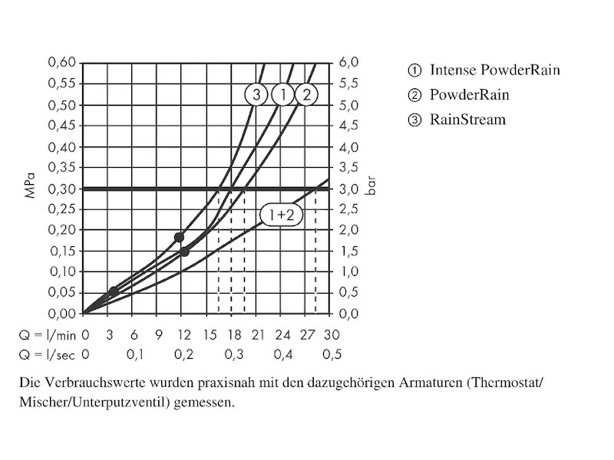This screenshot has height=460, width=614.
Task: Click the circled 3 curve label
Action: click(256, 95)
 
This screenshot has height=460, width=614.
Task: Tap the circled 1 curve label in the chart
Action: click(282, 95)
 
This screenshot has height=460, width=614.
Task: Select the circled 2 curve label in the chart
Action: click(306, 95)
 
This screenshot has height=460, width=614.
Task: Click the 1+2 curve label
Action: click(280, 215)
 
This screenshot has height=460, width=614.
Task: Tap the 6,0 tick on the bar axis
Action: click(348, 63)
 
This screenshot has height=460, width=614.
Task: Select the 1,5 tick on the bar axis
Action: click(348, 251)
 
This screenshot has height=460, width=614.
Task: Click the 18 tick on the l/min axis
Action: click(233, 334)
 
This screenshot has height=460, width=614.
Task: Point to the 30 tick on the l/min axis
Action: click(332, 334)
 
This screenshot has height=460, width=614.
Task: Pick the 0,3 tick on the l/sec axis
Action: click(233, 354)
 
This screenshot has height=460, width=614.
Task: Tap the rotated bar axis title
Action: click(371, 189)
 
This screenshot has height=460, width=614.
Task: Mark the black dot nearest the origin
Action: click(114, 291)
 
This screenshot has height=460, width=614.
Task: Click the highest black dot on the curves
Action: click(180, 237)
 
